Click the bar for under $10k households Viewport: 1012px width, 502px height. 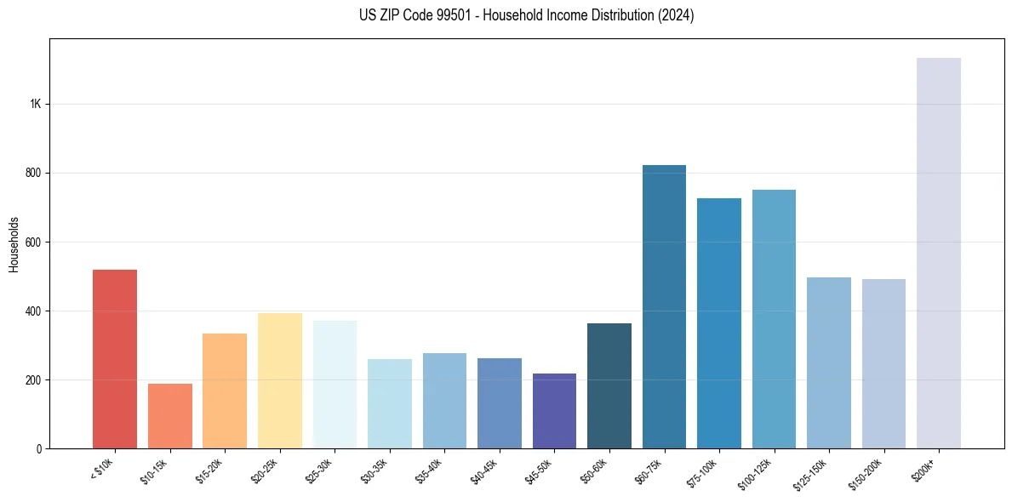point(115,359)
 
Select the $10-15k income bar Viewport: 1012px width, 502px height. point(169,416)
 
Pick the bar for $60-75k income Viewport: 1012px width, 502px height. point(664,306)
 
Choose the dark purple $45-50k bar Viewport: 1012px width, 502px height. point(554,411)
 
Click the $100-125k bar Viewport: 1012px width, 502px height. point(774,319)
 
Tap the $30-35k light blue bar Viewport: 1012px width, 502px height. point(389,403)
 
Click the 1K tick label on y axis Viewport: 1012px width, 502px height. point(36,104)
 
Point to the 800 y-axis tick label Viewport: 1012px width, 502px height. point(34,173)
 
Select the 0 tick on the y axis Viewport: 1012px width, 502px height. point(39,448)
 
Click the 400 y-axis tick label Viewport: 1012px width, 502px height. point(34,311)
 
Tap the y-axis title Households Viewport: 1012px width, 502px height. point(14,243)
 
